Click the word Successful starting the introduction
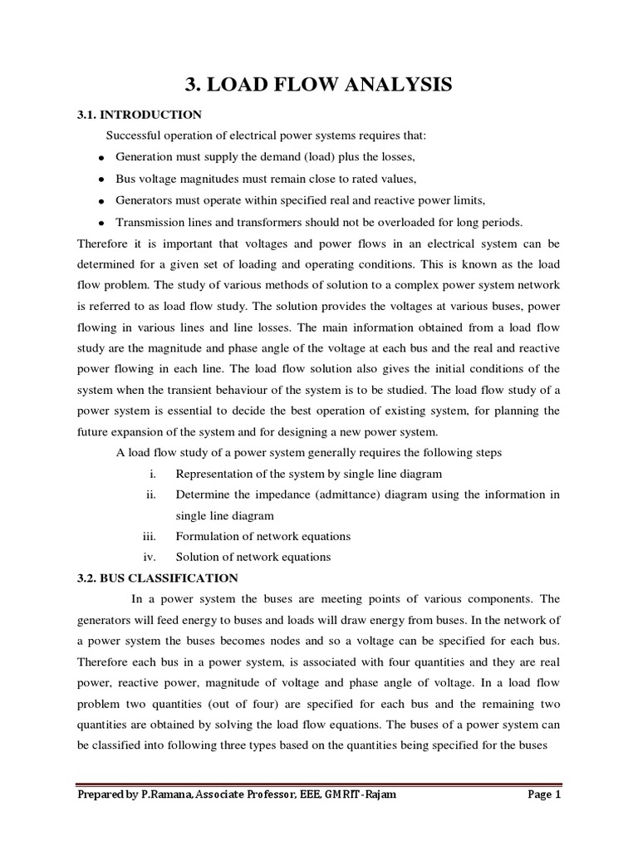(136, 136)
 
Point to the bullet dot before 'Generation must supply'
(101, 158)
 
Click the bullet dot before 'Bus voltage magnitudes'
(101, 180)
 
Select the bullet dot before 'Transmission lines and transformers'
(101, 223)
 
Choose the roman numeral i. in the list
(153, 474)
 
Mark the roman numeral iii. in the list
(150, 536)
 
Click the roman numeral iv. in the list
(150, 557)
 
